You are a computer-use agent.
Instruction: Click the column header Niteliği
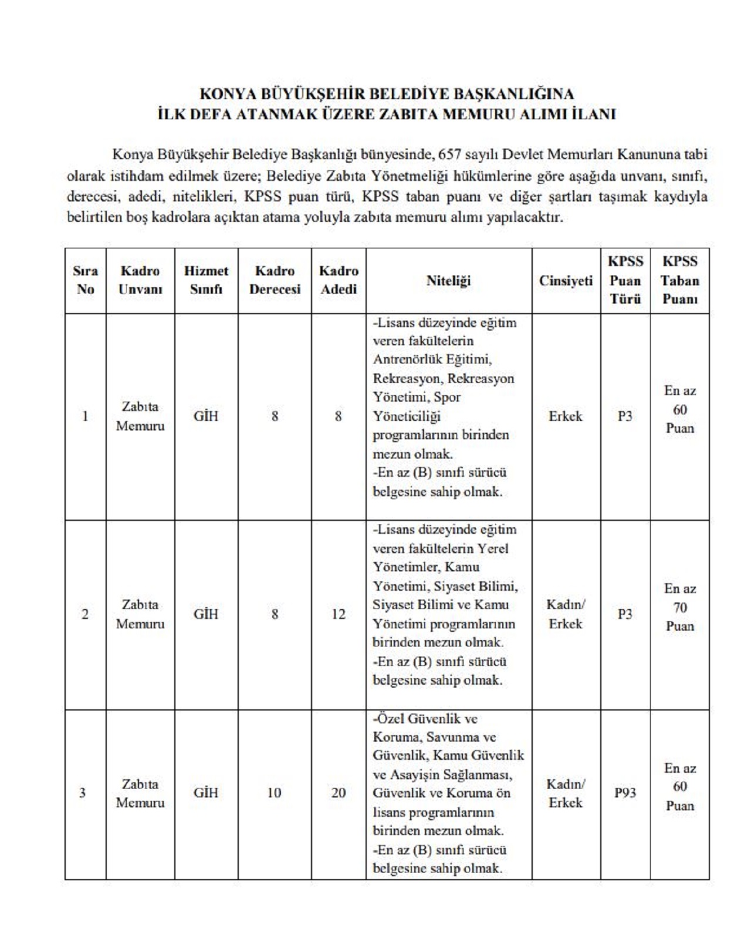(x=448, y=281)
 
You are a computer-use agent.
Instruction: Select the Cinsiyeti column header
(x=566, y=281)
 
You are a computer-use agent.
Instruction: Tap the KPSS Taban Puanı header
(x=679, y=281)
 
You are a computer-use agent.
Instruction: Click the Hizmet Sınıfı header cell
(x=206, y=280)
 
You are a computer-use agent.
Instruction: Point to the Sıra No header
(x=85, y=280)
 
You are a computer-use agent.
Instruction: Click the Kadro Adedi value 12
(x=339, y=614)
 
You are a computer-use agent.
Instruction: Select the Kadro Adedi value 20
(x=339, y=793)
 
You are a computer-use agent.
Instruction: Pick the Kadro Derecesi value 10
(x=274, y=793)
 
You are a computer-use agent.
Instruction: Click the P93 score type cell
(x=625, y=793)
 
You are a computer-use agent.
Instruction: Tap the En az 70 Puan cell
(x=679, y=607)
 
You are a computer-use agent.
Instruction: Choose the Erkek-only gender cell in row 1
(x=566, y=416)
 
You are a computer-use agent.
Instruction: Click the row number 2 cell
(x=85, y=614)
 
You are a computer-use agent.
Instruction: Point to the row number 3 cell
(x=83, y=793)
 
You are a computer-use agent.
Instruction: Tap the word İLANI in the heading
(x=593, y=114)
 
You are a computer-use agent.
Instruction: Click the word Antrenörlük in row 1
(x=406, y=359)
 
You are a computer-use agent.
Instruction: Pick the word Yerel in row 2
(x=493, y=548)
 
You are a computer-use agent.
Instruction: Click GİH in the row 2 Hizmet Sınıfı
(x=206, y=614)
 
